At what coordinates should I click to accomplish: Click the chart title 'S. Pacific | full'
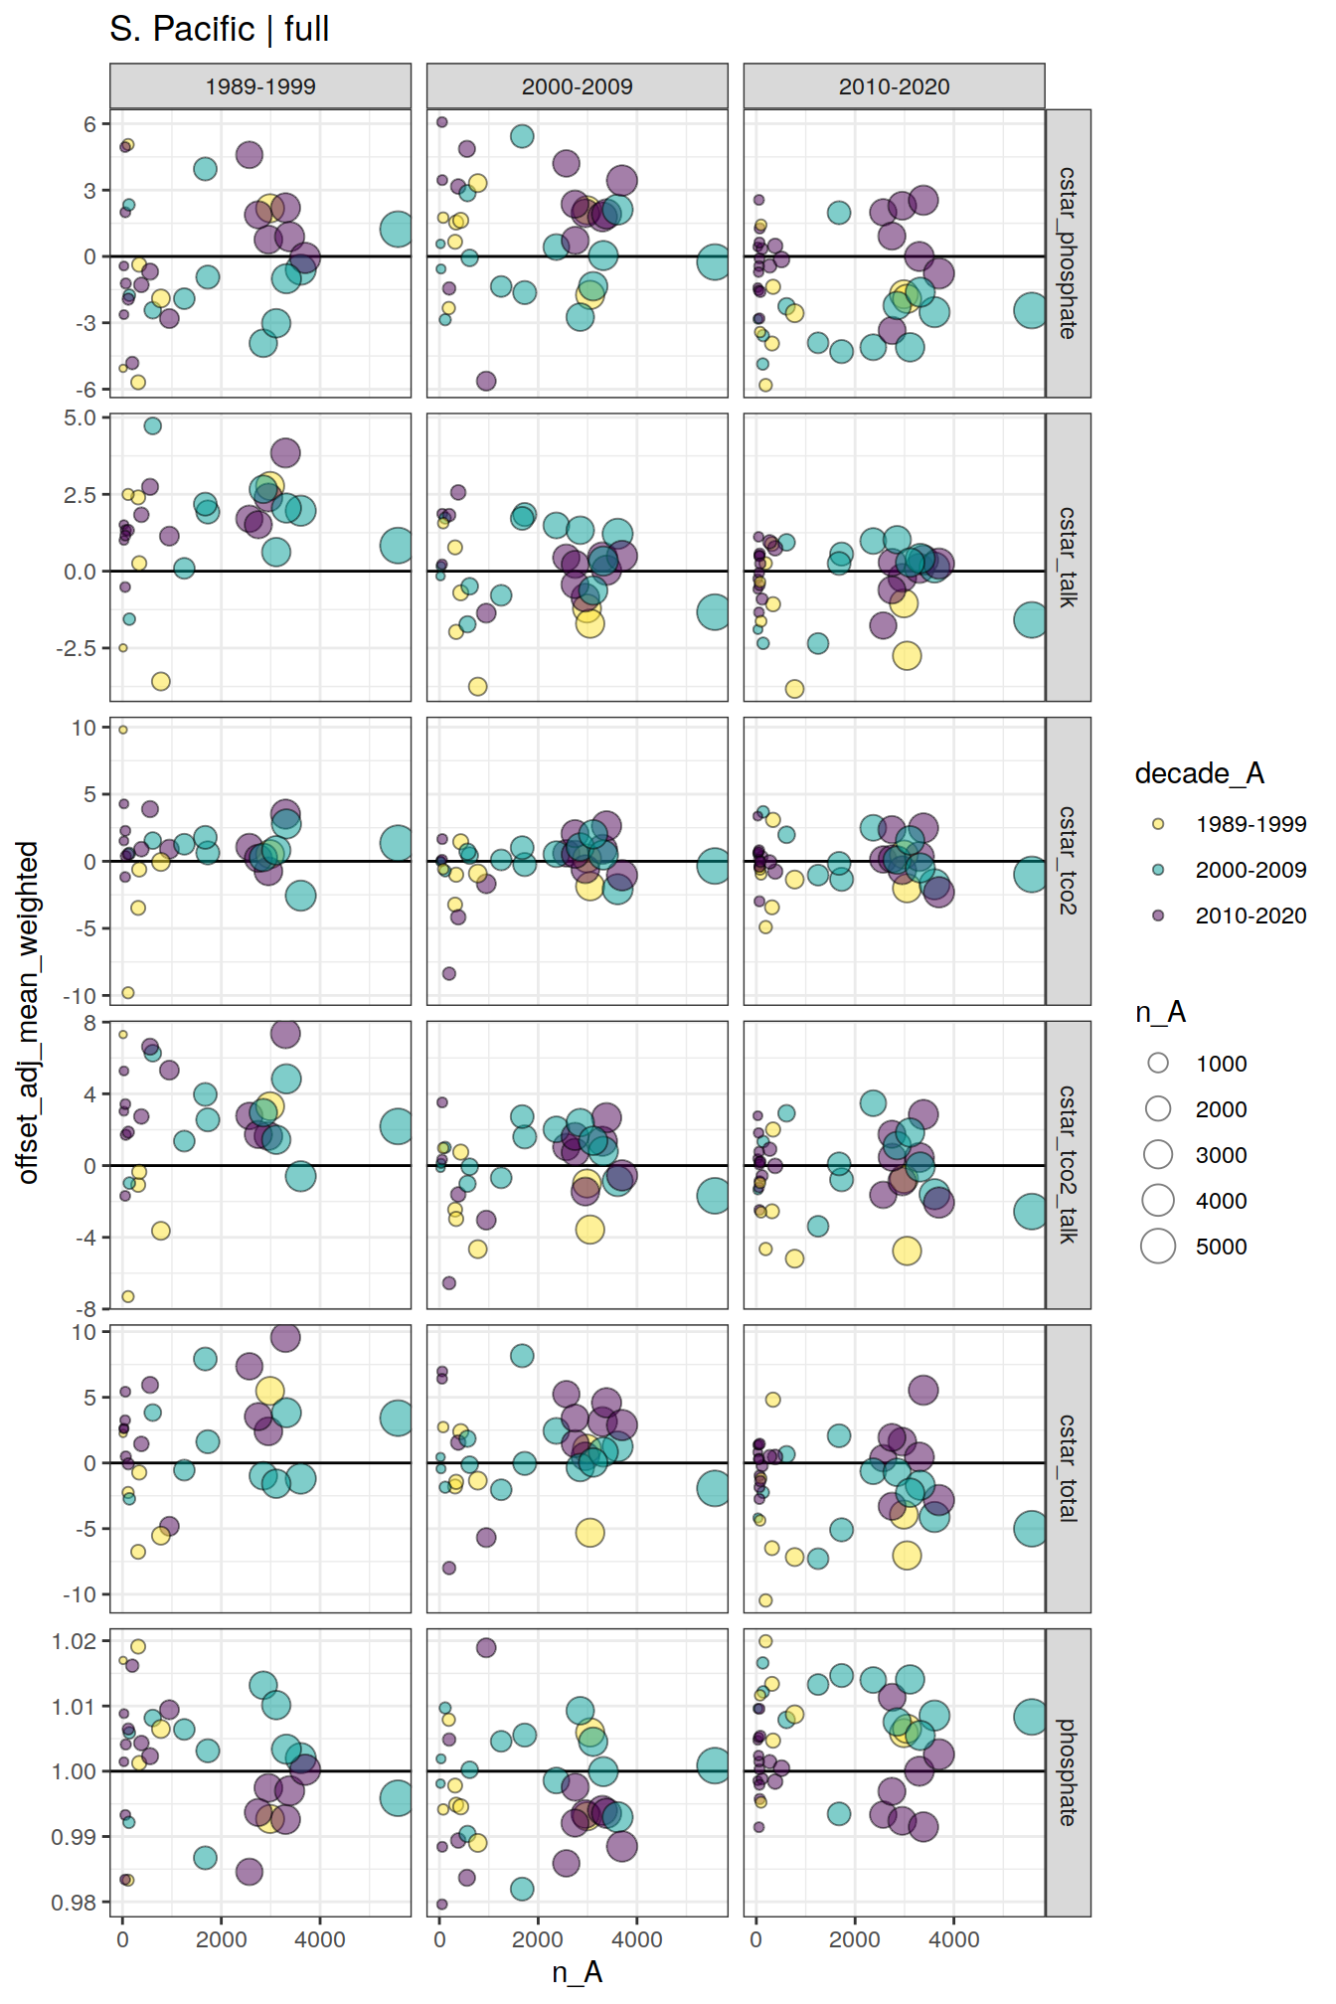219,29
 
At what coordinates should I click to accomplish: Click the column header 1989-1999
259,86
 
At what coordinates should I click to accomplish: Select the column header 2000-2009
577,86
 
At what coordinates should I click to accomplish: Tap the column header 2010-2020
894,86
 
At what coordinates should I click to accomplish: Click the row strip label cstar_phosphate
1068,253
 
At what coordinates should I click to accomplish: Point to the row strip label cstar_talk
1068,557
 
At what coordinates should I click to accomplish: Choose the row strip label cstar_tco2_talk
1068,1164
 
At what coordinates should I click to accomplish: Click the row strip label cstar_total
1068,1468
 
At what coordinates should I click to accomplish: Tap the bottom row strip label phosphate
1068,1772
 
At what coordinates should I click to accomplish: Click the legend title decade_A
1199,773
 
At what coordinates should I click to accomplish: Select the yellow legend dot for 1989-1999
1158,824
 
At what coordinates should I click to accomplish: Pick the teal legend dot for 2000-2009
1158,870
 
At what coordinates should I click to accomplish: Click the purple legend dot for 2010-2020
1158,916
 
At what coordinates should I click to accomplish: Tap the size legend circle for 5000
1158,1246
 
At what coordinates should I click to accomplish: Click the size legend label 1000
1221,1064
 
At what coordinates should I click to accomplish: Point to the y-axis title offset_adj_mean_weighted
28,1012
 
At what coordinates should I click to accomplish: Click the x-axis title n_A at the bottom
577,1972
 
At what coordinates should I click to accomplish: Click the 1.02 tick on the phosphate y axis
74,1641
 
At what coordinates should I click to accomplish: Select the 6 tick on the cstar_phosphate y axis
90,124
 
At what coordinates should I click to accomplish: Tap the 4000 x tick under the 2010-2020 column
953,1939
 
